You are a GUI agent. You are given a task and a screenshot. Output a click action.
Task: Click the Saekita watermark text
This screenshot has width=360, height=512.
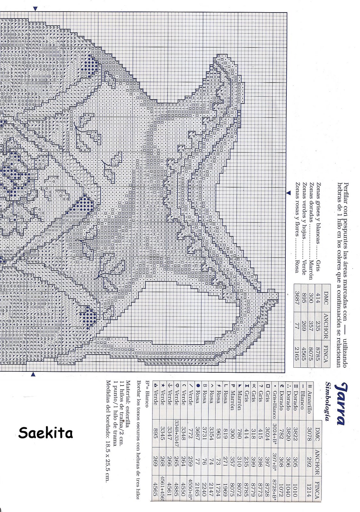click(x=45, y=433)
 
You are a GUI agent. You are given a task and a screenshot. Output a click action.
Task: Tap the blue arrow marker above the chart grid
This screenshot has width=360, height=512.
click(x=35, y=9)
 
